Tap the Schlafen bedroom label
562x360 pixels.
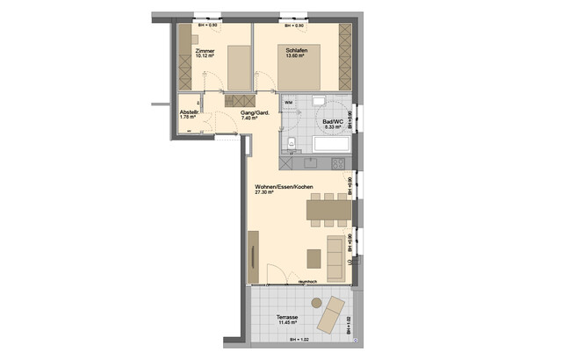[296, 51]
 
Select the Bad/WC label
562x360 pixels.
[331, 120]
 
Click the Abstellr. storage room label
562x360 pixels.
[190, 112]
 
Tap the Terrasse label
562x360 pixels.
[286, 317]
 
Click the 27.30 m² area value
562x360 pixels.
[265, 194]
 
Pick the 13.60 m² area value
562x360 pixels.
[296, 58]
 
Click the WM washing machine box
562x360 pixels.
[289, 104]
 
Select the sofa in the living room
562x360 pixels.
[335, 253]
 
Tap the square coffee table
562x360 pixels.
[314, 257]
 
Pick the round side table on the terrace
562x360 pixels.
[316, 302]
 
